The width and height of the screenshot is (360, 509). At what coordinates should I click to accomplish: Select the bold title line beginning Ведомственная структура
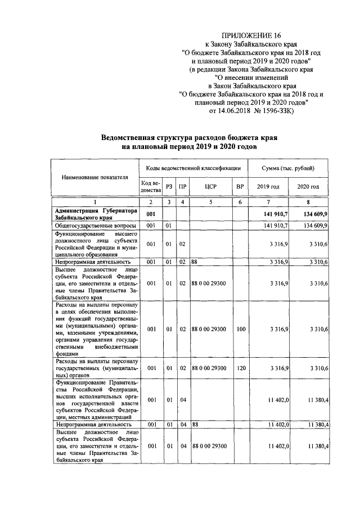click(189, 137)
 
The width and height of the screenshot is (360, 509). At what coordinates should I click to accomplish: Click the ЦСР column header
click(211, 187)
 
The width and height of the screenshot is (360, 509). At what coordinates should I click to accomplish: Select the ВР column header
click(240, 187)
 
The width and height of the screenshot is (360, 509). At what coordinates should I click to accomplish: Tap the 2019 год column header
click(268, 187)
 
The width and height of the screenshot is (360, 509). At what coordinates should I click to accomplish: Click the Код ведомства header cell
click(151, 187)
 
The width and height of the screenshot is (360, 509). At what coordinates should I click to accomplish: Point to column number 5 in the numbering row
click(211, 201)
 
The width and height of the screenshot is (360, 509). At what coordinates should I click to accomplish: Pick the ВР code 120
click(241, 368)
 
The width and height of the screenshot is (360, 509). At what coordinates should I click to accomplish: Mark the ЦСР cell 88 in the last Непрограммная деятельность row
click(194, 425)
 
